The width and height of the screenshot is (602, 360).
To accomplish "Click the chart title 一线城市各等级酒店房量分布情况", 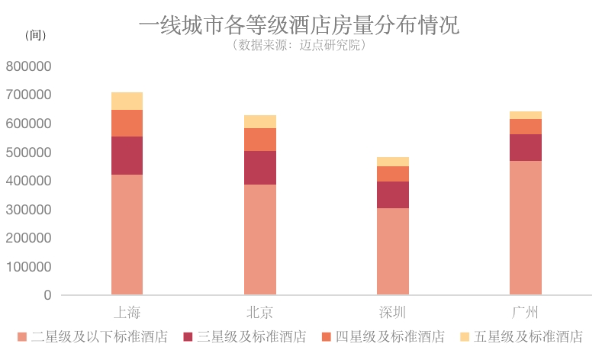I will tap(299, 24).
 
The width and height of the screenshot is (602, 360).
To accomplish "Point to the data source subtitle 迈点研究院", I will tap(299, 45).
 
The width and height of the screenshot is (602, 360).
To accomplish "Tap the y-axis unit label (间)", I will tap(36, 36).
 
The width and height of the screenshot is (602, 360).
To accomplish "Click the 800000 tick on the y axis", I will tap(28, 66).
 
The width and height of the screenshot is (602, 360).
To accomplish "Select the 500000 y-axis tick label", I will tap(28, 153).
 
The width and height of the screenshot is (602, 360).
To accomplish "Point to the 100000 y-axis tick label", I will tap(28, 267).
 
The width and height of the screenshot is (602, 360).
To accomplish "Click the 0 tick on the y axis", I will tap(47, 295).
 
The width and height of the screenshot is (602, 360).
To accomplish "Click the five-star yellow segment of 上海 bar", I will tap(127, 101).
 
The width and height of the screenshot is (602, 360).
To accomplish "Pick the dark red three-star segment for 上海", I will tap(127, 156).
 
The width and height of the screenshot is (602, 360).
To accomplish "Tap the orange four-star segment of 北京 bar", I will tap(259, 140).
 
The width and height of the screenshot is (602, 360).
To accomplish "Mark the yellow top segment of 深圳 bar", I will tap(393, 162).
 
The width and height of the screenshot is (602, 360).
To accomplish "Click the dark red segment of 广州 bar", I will tap(526, 147).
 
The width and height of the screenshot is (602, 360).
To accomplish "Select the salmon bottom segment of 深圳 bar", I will tap(393, 252).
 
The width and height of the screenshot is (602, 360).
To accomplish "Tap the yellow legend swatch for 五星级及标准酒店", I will tap(465, 336).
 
